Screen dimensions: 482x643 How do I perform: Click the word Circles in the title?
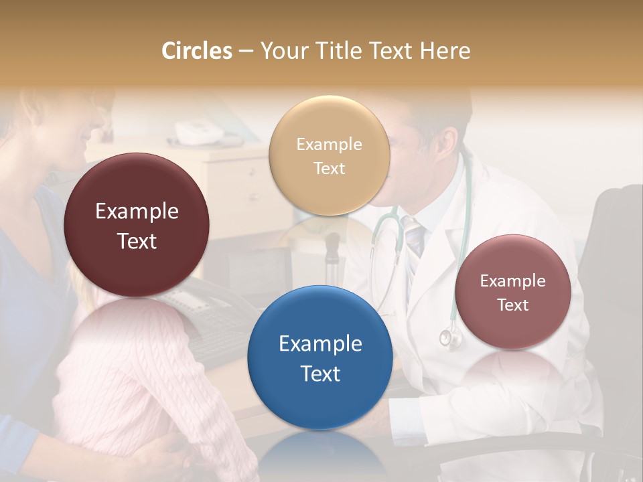[x=197, y=51]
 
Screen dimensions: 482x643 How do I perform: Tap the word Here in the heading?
[x=445, y=51]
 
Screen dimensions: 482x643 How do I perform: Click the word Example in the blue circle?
[x=320, y=344]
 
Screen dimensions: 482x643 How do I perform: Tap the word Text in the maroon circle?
[x=137, y=241]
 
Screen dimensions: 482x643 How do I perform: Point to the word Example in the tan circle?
[x=329, y=144]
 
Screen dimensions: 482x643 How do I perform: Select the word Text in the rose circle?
[x=512, y=305]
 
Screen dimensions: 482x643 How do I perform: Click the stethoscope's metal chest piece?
[x=450, y=337]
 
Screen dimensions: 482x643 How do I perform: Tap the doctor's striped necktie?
[x=414, y=238]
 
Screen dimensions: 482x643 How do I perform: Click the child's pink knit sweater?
[x=134, y=375]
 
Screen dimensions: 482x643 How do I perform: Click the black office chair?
[x=613, y=268]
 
